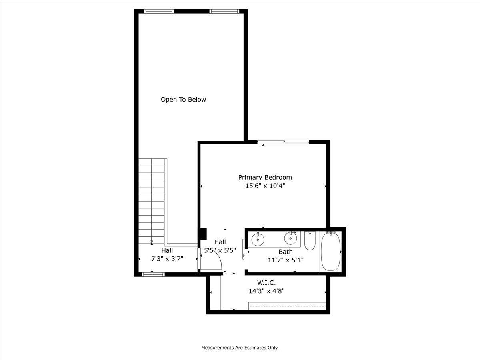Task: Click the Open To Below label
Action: [183, 100]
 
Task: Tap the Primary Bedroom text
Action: [265, 177]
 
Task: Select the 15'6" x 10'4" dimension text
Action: [265, 186]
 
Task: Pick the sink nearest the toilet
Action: [291, 239]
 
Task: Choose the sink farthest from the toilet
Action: [258, 240]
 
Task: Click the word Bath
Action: [285, 252]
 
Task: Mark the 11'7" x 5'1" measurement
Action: [285, 260]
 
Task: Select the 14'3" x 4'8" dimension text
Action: [266, 291]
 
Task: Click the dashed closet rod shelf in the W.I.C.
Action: [287, 306]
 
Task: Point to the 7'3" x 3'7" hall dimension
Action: [167, 259]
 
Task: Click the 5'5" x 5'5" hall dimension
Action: [220, 250]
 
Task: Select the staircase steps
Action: [152, 200]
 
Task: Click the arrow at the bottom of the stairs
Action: [152, 242]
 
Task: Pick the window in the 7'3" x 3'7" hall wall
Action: [154, 274]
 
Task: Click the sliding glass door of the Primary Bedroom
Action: [283, 142]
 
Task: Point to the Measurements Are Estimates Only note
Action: [240, 348]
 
